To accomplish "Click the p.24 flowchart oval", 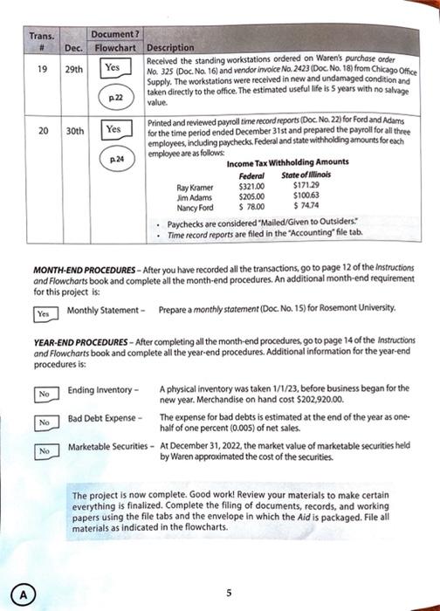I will pos(113,160).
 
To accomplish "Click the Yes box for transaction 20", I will pos(113,129).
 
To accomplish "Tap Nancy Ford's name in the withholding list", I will pos(194,208).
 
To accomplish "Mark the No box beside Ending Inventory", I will pos(42,395).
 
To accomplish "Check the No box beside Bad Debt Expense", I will pos(42,422).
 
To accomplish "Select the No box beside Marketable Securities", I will pos(42,451).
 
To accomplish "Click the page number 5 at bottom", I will pos(228,591).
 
